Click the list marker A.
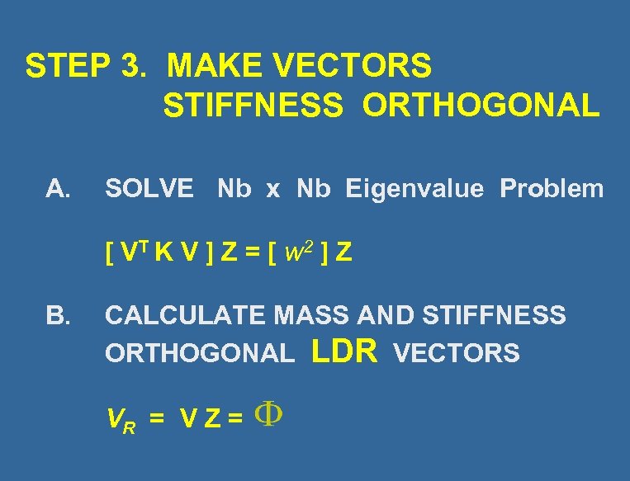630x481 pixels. [58, 190]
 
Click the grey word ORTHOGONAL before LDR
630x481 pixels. [199, 354]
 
